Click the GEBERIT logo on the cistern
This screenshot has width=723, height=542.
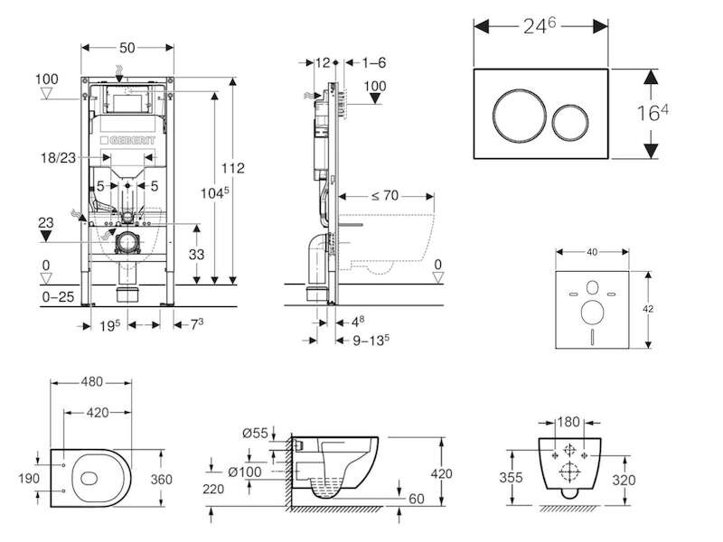coord(127,140)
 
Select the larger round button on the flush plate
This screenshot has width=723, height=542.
coord(519,114)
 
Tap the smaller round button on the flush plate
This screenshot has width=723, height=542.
coord(570,122)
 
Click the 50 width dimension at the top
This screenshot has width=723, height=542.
coord(127,48)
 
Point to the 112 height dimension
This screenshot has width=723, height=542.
coord(232,168)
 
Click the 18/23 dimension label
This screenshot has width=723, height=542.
coord(58,157)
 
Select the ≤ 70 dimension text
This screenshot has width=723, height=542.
coord(385,196)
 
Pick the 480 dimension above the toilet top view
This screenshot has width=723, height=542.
coord(92,382)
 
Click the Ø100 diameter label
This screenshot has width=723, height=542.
coord(245,472)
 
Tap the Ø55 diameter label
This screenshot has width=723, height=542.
coord(255,434)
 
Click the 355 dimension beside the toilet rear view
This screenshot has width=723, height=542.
coord(511,477)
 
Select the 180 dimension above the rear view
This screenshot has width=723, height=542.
coord(568,422)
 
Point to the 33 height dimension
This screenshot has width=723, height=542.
coord(196,255)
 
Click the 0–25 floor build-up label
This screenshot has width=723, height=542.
coord(58,297)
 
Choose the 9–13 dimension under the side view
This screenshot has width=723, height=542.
coord(371,341)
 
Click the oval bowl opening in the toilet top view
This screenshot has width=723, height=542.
coord(89,479)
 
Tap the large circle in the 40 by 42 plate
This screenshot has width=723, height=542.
coord(593,313)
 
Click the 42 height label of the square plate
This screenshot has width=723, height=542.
coord(648,309)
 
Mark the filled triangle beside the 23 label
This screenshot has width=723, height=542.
coord(46,236)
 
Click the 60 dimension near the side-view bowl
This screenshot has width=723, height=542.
coord(417,499)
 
